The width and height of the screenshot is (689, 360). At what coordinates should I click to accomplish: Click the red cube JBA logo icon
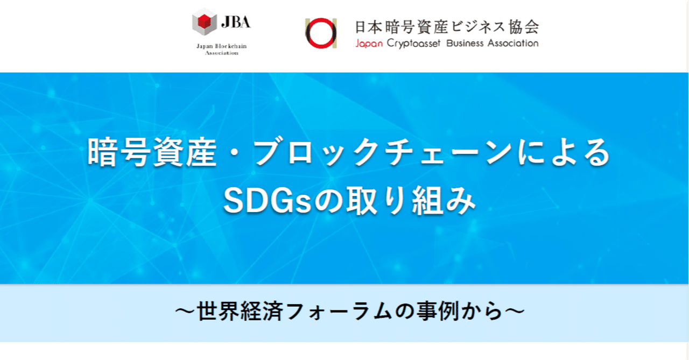point(205,22)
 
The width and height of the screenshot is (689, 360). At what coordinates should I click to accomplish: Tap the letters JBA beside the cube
point(235,23)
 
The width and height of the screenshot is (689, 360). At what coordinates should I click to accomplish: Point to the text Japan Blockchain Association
point(221,50)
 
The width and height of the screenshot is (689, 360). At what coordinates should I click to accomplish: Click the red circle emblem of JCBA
point(321,33)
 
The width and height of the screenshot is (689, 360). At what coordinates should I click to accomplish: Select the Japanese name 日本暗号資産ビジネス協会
point(446,26)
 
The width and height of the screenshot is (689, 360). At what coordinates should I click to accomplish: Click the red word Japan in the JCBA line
point(369,44)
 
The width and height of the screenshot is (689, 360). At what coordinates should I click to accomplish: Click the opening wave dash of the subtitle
point(185,312)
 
